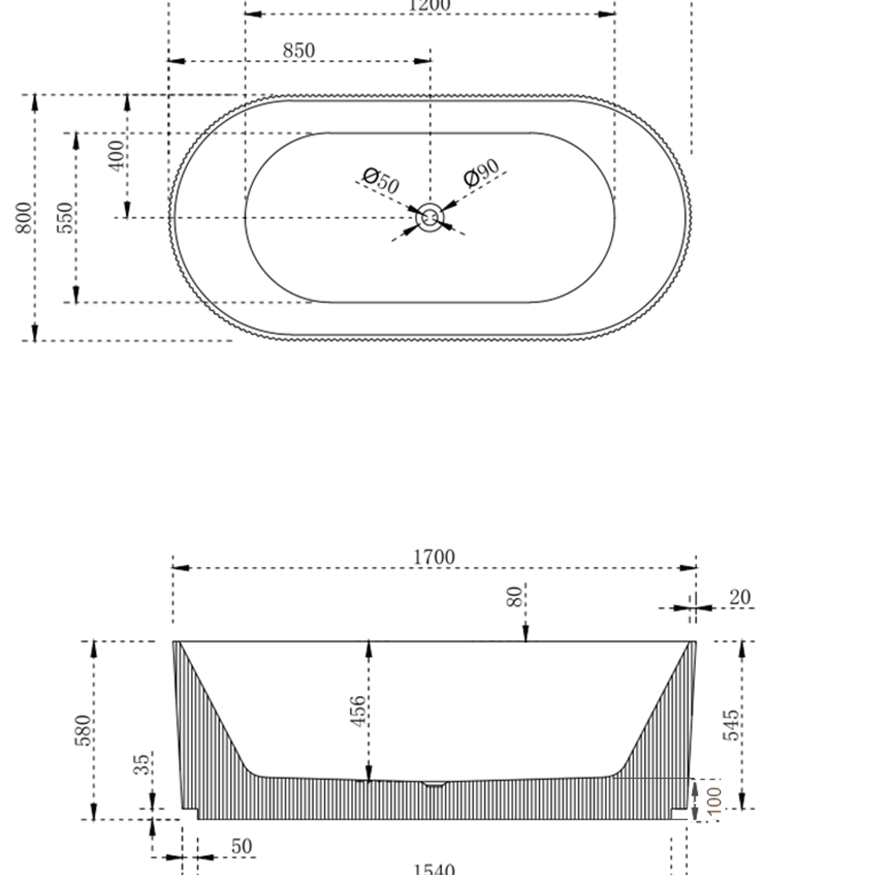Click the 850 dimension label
pyautogui.click(x=299, y=51)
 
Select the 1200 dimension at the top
pyautogui.click(x=429, y=5)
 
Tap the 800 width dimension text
pyautogui.click(x=23, y=218)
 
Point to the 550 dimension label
pyautogui.click(x=65, y=218)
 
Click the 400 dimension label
pyautogui.click(x=117, y=156)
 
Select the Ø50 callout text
pyautogui.click(x=381, y=180)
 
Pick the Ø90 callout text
pyautogui.click(x=481, y=173)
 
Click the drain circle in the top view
pyautogui.click(x=430, y=217)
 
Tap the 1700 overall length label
pyautogui.click(x=434, y=557)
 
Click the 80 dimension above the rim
pyautogui.click(x=514, y=597)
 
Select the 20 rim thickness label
pyautogui.click(x=739, y=597)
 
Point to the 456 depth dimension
pyautogui.click(x=358, y=711)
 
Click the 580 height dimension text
pyautogui.click(x=83, y=730)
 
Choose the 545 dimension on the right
pyautogui.click(x=731, y=725)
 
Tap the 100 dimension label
pyautogui.click(x=714, y=800)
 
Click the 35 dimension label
pyautogui.click(x=141, y=764)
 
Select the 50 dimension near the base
pyautogui.click(x=241, y=846)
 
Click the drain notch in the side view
pyautogui.click(x=434, y=784)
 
